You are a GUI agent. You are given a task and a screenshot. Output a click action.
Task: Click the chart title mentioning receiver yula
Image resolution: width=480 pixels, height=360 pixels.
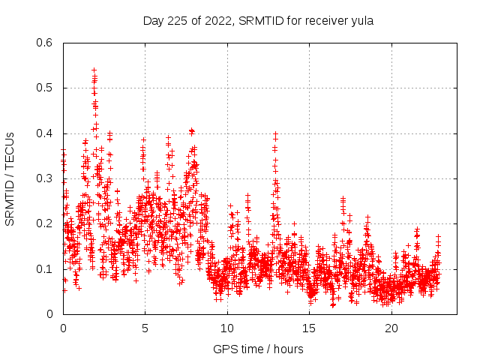(258, 20)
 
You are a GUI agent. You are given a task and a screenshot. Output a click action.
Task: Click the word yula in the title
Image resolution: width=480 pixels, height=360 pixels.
(361, 20)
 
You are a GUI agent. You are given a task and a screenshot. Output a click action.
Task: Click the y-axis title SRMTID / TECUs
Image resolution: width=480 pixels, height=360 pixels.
(10, 178)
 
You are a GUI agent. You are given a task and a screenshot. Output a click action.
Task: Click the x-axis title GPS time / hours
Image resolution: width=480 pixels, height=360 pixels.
(258, 349)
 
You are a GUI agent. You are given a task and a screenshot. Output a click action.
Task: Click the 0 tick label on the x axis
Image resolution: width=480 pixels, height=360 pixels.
(63, 328)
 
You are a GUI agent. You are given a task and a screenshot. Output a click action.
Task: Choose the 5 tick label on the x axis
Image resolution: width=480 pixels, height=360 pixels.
(145, 328)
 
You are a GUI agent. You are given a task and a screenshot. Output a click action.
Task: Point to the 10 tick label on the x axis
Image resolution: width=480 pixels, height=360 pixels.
(227, 328)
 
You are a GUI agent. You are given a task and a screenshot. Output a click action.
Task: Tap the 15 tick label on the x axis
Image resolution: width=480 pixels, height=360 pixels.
(309, 328)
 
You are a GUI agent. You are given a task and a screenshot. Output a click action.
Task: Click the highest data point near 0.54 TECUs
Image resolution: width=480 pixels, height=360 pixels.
(94, 70)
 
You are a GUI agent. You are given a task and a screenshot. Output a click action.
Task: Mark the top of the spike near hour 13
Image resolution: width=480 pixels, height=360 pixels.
(276, 133)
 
